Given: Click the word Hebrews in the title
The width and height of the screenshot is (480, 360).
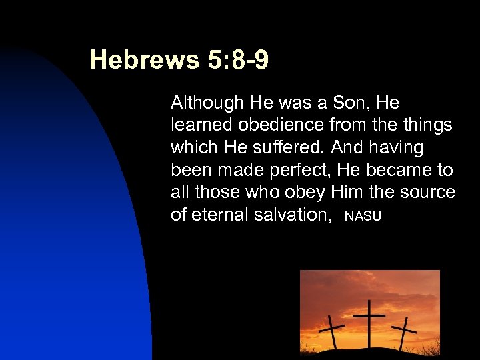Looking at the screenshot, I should (x=144, y=60).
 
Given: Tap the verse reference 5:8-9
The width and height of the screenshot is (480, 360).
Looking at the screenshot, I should (x=238, y=60).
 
